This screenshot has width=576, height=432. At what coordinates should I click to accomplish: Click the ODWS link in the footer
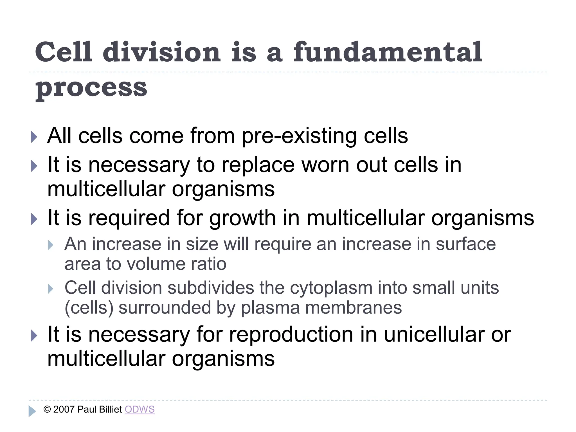point(139,409)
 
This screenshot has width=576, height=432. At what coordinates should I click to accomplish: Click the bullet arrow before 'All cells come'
point(34,137)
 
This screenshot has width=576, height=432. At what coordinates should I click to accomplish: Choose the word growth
point(242,218)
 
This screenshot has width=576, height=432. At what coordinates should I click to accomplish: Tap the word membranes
point(353,308)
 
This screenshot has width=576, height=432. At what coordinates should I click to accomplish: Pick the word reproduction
point(291,335)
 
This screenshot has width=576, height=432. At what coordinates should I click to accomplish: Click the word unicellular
point(434,335)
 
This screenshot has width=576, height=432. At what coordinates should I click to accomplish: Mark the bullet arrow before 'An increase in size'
point(51,245)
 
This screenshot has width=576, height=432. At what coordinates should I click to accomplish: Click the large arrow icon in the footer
point(32,411)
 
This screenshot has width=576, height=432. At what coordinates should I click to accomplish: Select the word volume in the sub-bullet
point(154,264)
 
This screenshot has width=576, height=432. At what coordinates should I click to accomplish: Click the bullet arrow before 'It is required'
point(34,219)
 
